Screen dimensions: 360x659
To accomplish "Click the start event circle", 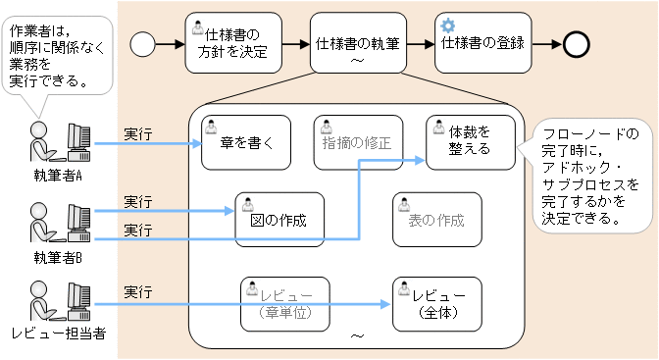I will [143, 44].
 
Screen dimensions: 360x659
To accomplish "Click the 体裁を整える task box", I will [471, 140].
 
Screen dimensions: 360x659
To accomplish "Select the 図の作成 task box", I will [280, 219].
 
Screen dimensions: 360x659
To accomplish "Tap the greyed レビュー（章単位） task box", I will [285, 303].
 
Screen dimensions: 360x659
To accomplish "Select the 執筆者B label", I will [57, 258].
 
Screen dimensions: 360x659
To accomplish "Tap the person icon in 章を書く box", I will [210, 126].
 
